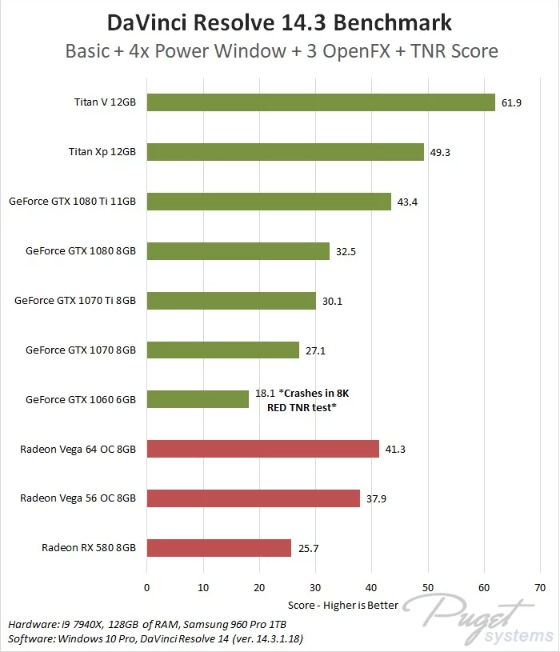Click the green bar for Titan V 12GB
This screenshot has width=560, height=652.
[320, 102]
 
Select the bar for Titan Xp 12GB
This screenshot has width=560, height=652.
[285, 152]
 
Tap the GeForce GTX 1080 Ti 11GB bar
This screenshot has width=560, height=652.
[269, 202]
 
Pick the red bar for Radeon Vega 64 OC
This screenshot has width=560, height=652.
[262, 449]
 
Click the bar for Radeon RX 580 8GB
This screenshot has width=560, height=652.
[218, 548]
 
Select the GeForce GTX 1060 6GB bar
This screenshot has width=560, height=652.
[198, 399]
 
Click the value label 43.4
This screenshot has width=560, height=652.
[406, 202]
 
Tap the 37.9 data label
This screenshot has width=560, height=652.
[375, 498]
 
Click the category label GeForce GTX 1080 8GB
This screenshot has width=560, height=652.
[81, 251]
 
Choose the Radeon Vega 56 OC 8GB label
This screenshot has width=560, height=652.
[78, 498]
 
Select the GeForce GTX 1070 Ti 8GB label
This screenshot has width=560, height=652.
[75, 301]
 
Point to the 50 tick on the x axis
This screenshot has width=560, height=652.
[428, 587]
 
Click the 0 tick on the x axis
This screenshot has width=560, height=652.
[146, 587]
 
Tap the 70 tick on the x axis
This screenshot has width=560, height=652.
[541, 587]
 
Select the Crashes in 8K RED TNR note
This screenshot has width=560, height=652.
[316, 399]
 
